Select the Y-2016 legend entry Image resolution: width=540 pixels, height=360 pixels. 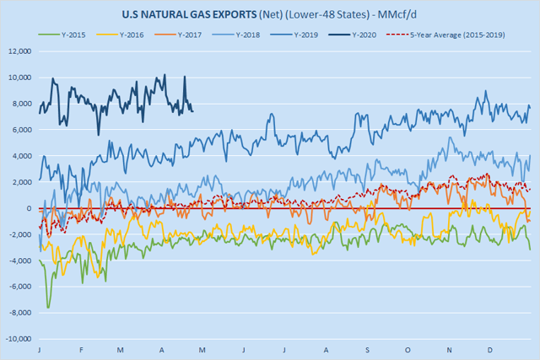pos(138,35)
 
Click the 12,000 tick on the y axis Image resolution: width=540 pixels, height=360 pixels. pos(19,51)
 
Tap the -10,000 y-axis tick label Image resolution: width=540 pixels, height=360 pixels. pos(18,340)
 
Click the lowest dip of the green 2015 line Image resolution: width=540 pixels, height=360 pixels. pos(48,308)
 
